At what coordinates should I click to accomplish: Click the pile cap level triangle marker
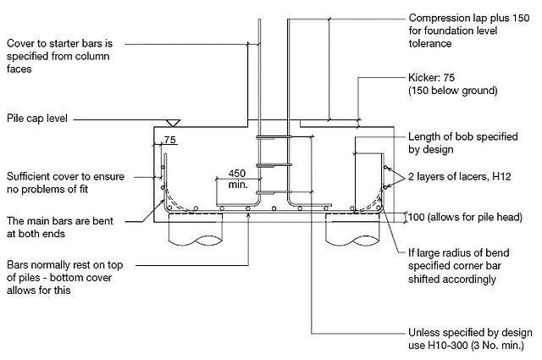(173, 123)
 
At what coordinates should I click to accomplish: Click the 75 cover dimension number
(169, 140)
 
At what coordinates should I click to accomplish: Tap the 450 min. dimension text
(238, 179)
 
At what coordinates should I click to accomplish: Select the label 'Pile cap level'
(37, 119)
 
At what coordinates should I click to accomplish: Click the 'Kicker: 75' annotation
(431, 77)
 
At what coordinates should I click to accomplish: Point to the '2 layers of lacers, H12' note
(459, 176)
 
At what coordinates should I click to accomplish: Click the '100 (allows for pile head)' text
(465, 217)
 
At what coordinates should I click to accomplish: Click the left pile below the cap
(196, 230)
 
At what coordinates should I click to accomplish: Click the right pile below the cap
(352, 230)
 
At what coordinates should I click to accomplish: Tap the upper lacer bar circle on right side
(386, 168)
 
